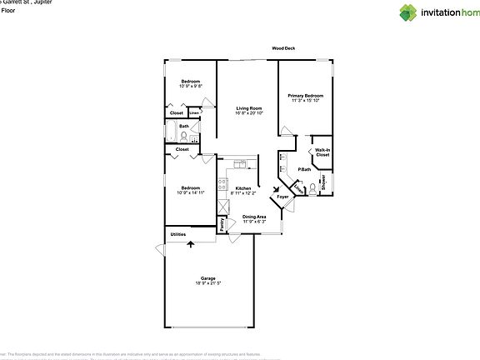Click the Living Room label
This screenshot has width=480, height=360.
pos(248,108)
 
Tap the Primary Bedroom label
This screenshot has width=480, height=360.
pos(305,96)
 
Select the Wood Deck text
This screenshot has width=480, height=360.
pos(283,48)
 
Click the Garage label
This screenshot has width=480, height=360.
pos(207,277)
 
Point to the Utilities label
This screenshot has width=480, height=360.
pos(178,234)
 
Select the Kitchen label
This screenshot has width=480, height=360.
pos(243,188)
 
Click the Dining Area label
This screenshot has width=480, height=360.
pos(254,217)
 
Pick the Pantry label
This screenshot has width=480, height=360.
pos(222,224)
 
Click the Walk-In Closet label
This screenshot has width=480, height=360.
pos(322,152)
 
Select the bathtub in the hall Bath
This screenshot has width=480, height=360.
pos(170,133)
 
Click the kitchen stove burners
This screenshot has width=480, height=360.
pos(222,186)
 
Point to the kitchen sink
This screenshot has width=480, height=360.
pos(238,162)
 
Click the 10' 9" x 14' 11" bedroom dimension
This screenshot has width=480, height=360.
pos(188,192)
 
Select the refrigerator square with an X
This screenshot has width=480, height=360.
pos(222,204)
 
